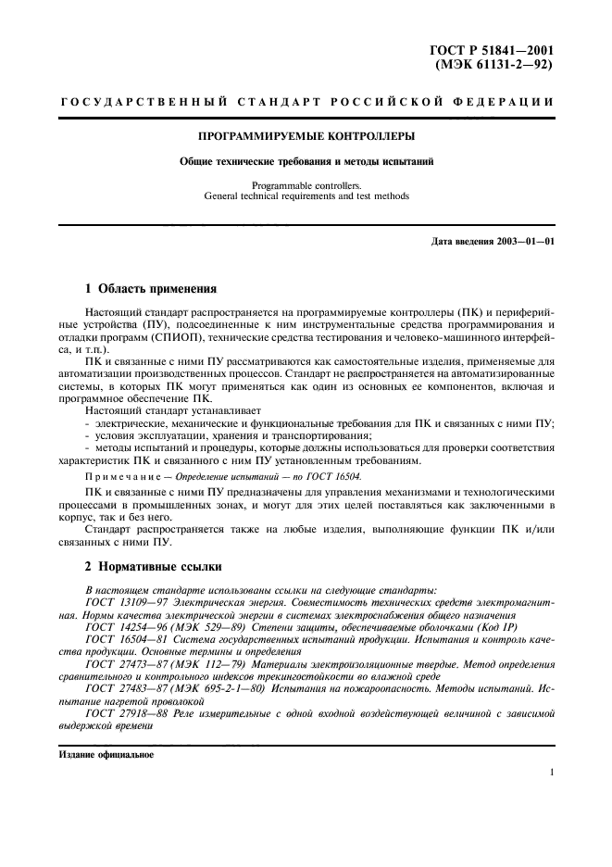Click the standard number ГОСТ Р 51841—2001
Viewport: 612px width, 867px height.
point(497,53)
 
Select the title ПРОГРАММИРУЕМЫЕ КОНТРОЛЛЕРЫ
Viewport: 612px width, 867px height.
point(306,137)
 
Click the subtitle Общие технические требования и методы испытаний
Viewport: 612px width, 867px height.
point(306,161)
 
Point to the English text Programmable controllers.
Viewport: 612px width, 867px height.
point(306,185)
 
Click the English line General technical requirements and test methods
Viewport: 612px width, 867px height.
point(306,196)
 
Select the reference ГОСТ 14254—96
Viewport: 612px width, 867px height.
point(125,627)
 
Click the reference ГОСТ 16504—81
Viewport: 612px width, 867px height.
point(125,639)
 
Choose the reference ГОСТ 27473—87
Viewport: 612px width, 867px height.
point(125,663)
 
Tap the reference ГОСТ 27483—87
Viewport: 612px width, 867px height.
point(125,687)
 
